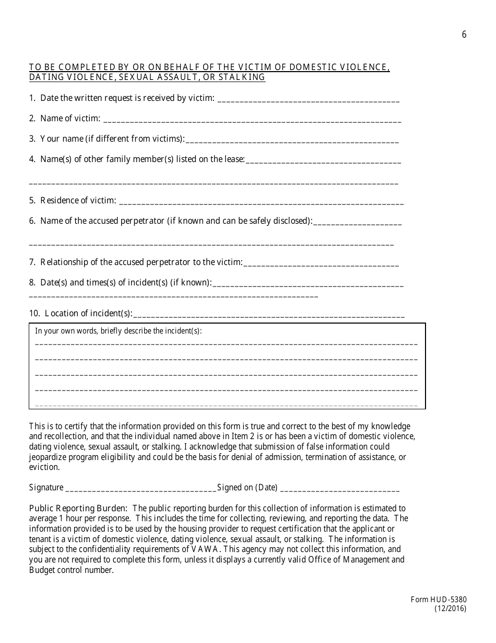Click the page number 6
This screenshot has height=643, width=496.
(x=464, y=35)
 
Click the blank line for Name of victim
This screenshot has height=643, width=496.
(x=252, y=121)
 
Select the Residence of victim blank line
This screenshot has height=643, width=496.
(x=261, y=203)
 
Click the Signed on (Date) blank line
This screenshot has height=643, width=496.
(x=340, y=490)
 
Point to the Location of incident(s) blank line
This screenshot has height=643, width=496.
(x=269, y=316)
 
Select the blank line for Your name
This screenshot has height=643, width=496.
(x=292, y=141)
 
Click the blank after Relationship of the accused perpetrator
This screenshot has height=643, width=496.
(x=321, y=265)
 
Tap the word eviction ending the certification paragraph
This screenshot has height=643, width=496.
(x=44, y=467)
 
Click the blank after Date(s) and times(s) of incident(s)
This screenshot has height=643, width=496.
(x=308, y=285)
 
